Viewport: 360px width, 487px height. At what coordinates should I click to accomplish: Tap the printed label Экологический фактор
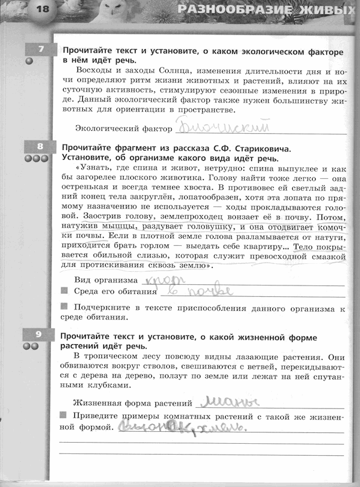tap(123, 129)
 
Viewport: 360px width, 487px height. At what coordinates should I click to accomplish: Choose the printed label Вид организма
tap(104, 281)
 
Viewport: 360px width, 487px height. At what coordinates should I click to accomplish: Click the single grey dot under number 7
tap(28, 61)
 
